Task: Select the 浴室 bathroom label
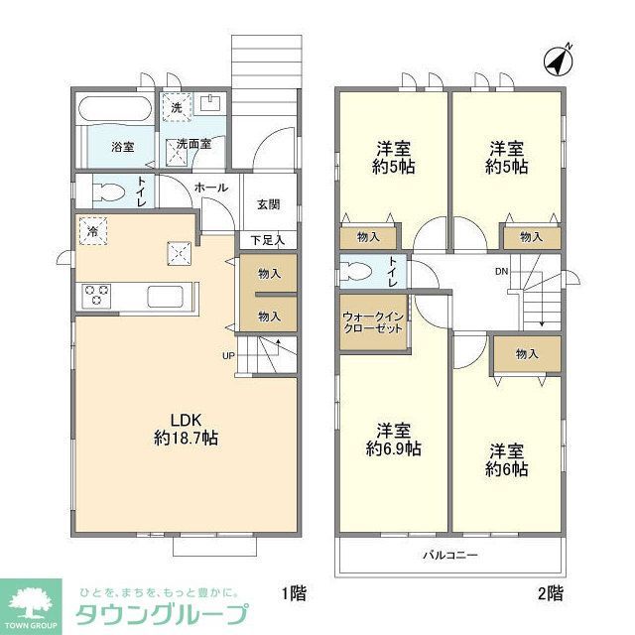(123, 147)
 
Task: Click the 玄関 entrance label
(268, 205)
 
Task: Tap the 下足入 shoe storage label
(267, 239)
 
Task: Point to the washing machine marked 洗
(177, 107)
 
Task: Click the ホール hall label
(210, 188)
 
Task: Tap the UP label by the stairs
(228, 355)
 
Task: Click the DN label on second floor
(502, 270)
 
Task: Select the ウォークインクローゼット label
(371, 322)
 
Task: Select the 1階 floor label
(293, 594)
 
